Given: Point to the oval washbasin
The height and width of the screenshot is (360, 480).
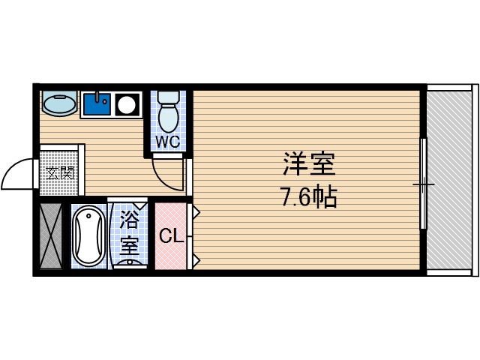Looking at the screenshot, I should point(58,103).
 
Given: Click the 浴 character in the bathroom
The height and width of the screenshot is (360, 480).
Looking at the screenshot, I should point(130,221).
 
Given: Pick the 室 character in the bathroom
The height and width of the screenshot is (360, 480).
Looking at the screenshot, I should point(130,244).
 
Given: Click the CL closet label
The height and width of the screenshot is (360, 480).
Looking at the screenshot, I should point(171,237).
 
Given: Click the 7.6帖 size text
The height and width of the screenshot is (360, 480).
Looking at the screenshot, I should point(308,197).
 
